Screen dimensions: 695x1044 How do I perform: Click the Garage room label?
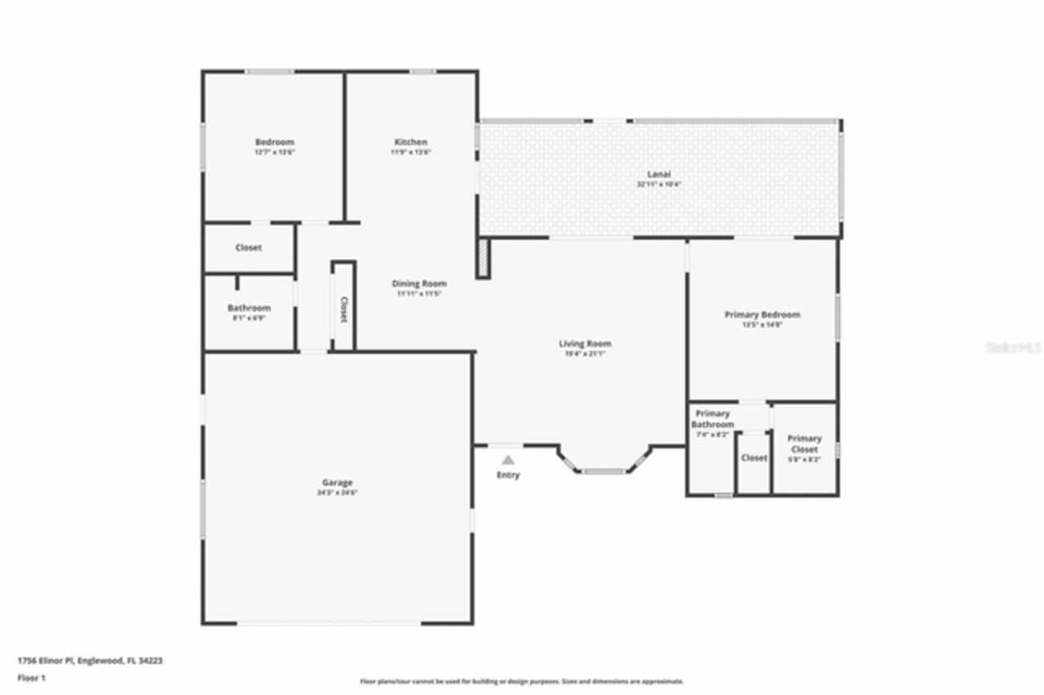[337, 483]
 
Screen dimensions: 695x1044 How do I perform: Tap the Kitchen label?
[410, 142]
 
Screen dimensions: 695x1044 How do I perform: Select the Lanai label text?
[659, 174]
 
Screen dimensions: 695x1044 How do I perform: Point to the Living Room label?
[585, 343]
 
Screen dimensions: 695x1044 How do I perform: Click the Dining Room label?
[418, 284]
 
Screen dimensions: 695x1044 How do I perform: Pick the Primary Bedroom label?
[762, 314]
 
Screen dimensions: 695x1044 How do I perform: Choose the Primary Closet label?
[804, 444]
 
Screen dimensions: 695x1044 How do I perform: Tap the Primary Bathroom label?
[712, 419]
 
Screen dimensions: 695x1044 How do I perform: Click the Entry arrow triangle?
[508, 460]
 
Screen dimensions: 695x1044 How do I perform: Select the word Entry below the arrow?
[508, 475]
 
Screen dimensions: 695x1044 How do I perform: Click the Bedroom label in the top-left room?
[274, 142]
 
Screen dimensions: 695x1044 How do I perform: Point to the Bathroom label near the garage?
[249, 308]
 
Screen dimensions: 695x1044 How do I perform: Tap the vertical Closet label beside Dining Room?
[343, 309]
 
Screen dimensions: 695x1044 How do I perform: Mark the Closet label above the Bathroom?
[248, 247]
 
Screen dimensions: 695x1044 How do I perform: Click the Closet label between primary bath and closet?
[754, 458]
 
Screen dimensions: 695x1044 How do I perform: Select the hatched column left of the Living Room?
[483, 259]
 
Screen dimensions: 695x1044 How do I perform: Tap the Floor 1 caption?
[31, 677]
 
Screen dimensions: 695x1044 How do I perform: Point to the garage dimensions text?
[337, 492]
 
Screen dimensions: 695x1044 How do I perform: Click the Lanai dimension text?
[659, 184]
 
